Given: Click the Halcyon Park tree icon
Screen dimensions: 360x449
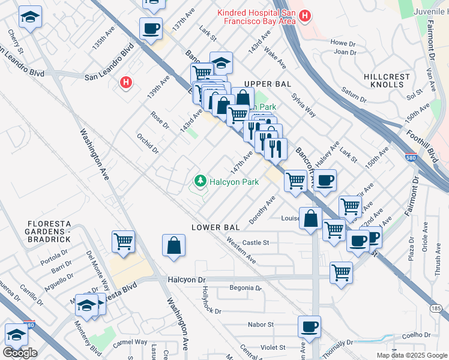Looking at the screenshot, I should coord(199,180).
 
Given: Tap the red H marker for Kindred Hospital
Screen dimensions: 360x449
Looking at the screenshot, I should coord(305,16).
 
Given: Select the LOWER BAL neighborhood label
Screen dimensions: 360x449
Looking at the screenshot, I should coord(215,227).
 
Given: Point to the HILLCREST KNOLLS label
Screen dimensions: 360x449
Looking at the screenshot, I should coord(387,81).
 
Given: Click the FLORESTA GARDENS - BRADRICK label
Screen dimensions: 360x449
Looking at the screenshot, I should coord(49,232).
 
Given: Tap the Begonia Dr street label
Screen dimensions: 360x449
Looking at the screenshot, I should coord(246,288).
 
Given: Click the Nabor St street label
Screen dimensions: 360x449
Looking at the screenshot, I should coord(261,325).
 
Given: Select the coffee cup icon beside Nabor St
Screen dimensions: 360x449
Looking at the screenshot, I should coord(309,327).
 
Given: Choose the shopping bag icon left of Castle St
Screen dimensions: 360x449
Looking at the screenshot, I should coord(173,245).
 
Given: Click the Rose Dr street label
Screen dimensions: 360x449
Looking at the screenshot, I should coord(160,119).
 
